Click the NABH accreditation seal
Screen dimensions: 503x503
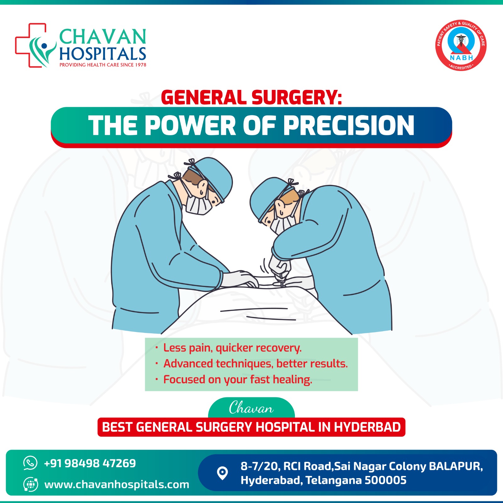coord(461,45)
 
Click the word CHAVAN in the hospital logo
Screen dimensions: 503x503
coord(103,37)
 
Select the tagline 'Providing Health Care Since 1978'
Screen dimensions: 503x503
coord(103,65)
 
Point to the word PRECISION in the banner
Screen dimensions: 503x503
coord(349,125)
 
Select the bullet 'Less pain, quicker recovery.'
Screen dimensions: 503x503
coord(232,348)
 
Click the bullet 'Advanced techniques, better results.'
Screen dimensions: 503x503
coord(256,363)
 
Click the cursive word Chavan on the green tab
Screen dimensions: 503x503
coord(251,408)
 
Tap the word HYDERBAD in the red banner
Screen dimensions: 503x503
coord(367,427)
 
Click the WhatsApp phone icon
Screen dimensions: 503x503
coord(30,463)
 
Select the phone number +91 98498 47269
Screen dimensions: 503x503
coord(90,463)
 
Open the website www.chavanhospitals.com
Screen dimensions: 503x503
coord(117,484)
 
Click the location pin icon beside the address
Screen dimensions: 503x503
coord(223,473)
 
